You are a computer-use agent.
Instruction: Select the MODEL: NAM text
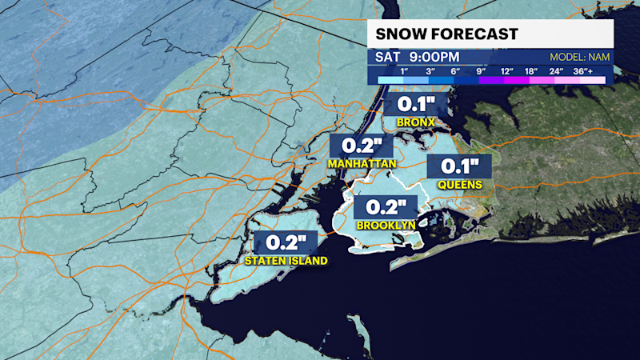[579, 58]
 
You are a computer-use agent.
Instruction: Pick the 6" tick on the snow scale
[457, 70]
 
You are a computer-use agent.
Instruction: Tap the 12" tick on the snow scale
[506, 70]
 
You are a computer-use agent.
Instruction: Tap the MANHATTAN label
[362, 163]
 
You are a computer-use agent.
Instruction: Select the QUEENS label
[459, 185]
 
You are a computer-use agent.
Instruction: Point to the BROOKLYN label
[386, 226]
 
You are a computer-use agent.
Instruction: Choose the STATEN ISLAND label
[285, 262]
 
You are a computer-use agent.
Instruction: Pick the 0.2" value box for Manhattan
[362, 146]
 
